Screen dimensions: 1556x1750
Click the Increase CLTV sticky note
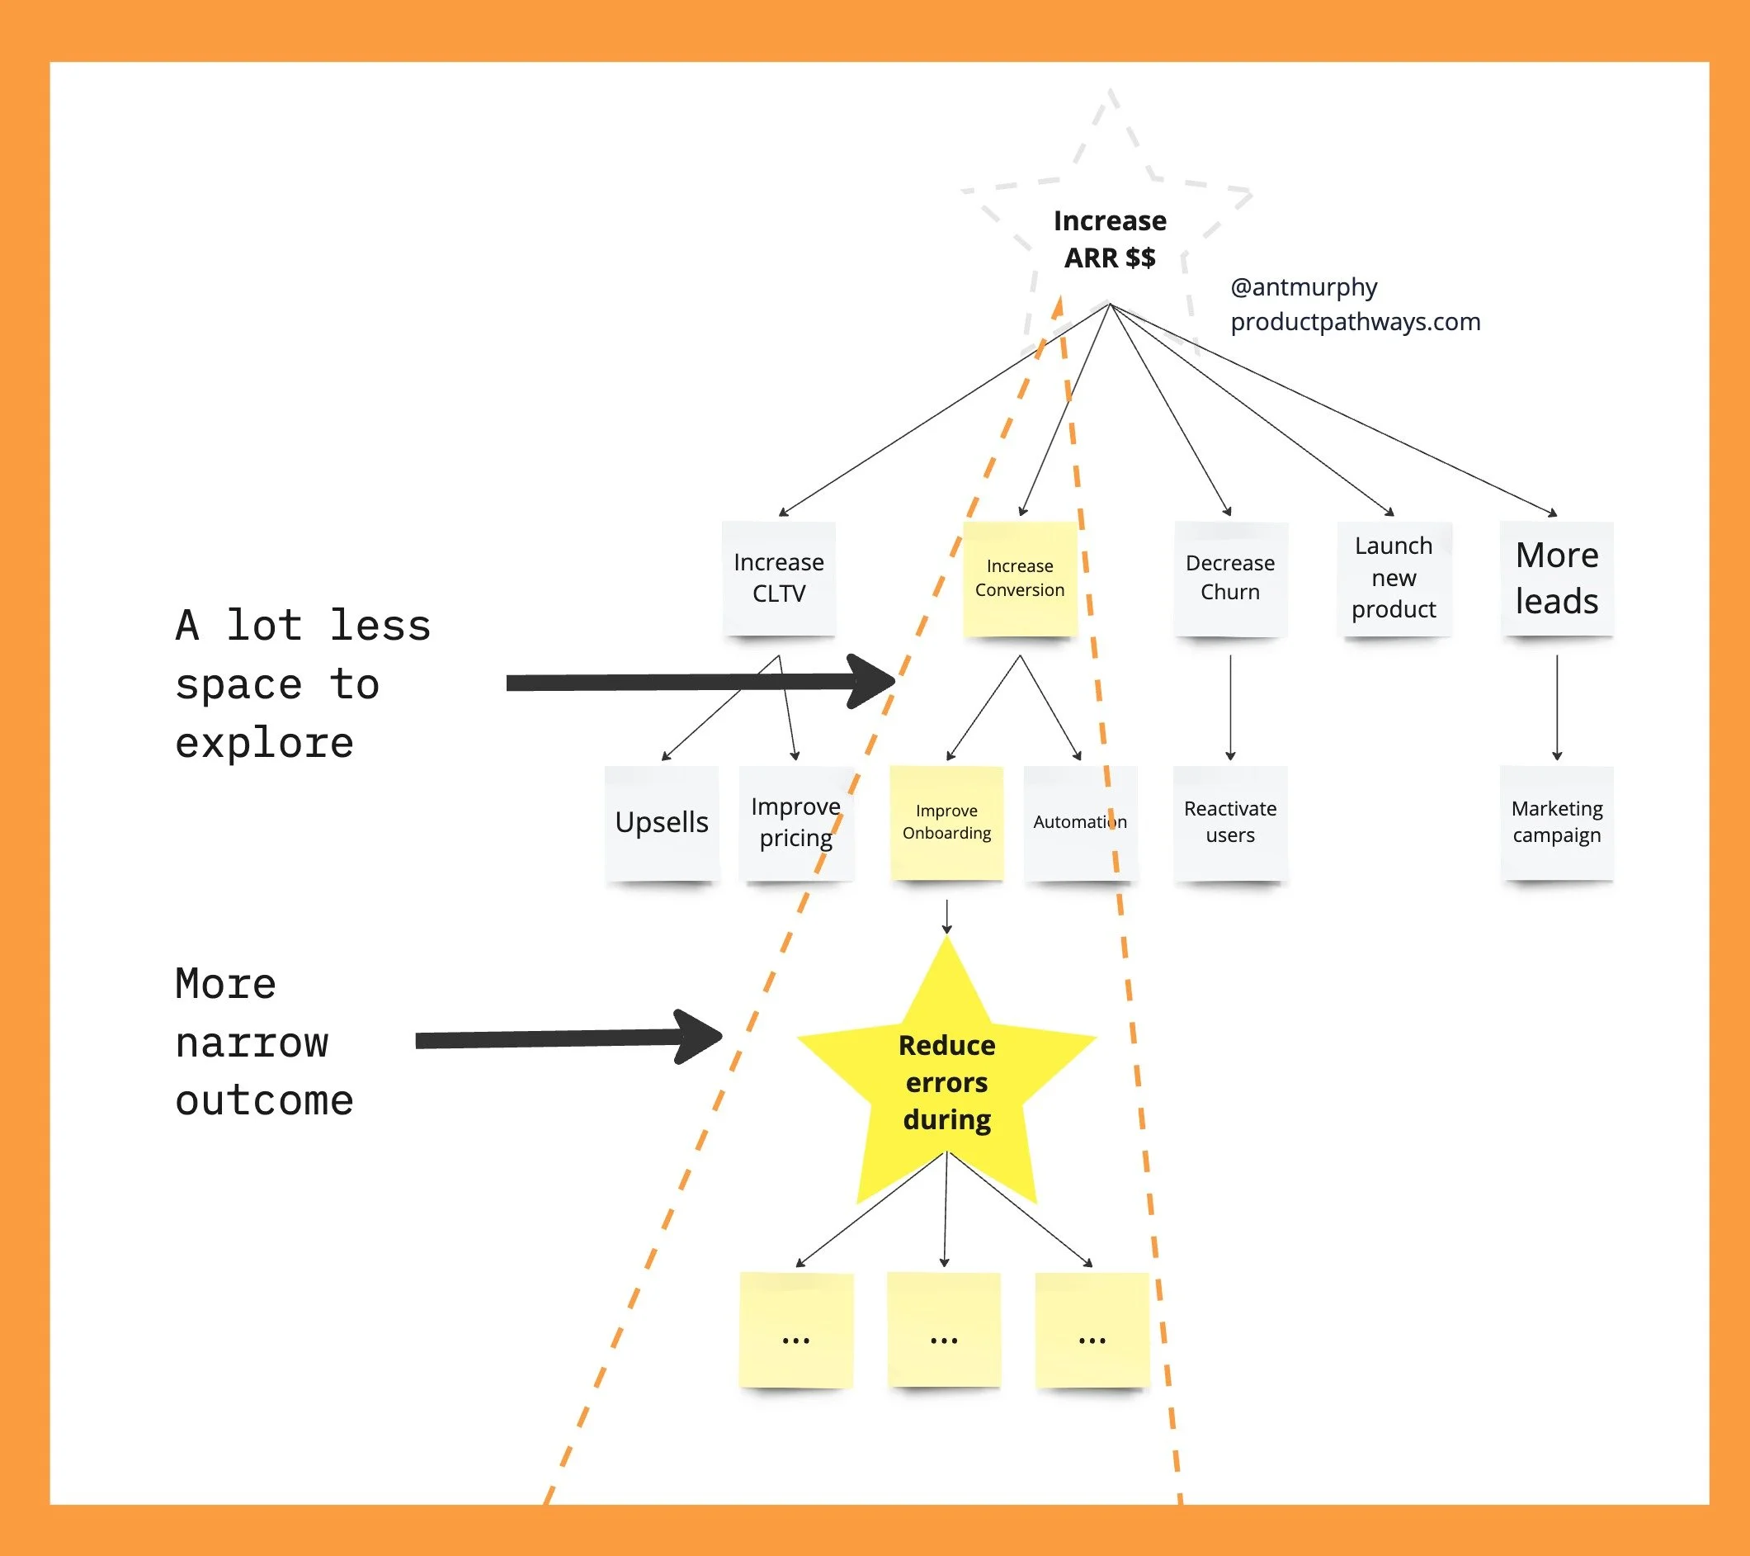[778, 578]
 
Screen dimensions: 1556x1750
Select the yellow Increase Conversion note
[1019, 578]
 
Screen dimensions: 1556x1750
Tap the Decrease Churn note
[1229, 578]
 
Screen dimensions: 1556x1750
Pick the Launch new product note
[1393, 578]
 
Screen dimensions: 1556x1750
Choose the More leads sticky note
[1555, 578]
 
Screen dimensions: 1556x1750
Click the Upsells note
[661, 822]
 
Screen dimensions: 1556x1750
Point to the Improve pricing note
[795, 822]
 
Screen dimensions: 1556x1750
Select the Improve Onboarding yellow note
[946, 822]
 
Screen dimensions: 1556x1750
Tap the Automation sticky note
[1080, 822]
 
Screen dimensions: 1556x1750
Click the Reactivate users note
[1229, 822]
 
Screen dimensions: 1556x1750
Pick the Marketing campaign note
[1555, 822]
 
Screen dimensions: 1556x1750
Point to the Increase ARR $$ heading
[1110, 239]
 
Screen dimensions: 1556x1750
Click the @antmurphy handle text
[1303, 287]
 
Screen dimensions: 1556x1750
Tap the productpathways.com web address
[1355, 322]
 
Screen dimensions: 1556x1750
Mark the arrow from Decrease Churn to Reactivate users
[1230, 707]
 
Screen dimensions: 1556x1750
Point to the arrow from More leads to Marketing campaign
[1556, 707]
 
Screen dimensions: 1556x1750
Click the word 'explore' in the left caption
[265, 742]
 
